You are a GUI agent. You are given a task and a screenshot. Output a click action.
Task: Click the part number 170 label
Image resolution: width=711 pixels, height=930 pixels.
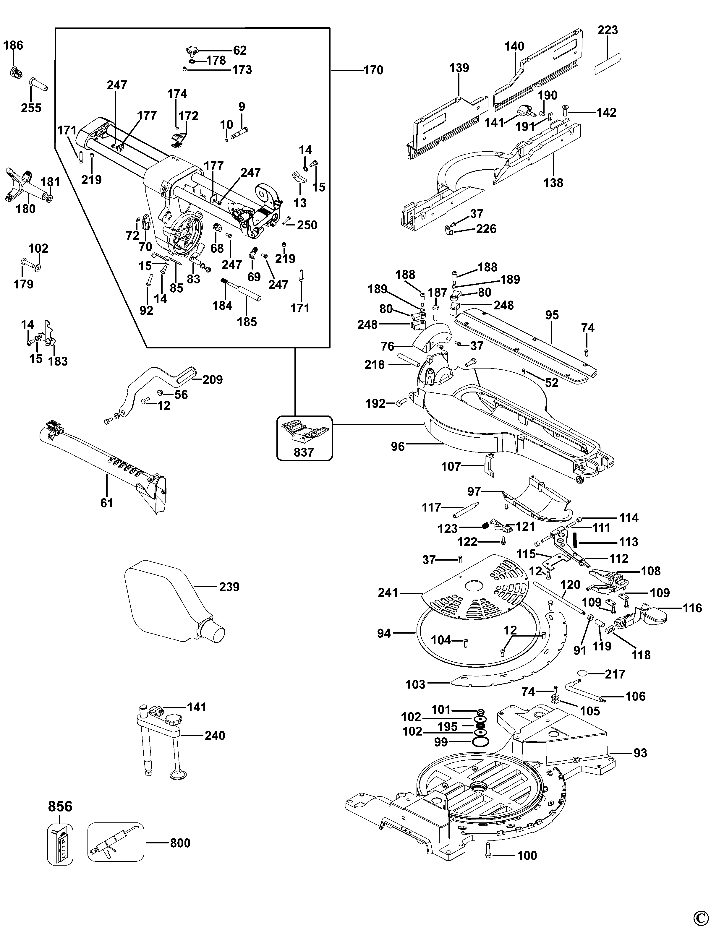(373, 70)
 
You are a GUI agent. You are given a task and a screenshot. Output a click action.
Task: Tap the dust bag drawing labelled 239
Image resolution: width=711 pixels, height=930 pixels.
(169, 601)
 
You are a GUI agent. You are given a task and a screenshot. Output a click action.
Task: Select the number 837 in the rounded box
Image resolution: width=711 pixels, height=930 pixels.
(304, 452)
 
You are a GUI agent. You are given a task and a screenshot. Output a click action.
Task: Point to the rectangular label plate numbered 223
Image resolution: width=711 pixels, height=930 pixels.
(607, 64)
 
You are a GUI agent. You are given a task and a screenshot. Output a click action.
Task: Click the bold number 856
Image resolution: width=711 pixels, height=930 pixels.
(60, 806)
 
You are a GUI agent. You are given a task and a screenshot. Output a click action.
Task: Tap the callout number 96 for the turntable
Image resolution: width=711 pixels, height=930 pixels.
(398, 447)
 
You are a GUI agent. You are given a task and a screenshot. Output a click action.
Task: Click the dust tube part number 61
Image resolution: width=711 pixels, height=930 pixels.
(107, 503)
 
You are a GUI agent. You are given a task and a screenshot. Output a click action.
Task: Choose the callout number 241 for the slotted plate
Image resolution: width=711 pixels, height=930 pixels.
(388, 593)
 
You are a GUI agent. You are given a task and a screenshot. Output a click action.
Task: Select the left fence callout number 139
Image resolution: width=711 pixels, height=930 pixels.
(459, 68)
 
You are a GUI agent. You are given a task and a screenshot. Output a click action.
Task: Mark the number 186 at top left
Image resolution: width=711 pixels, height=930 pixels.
(14, 45)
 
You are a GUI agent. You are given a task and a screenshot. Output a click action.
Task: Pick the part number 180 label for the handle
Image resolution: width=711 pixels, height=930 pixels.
(25, 209)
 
